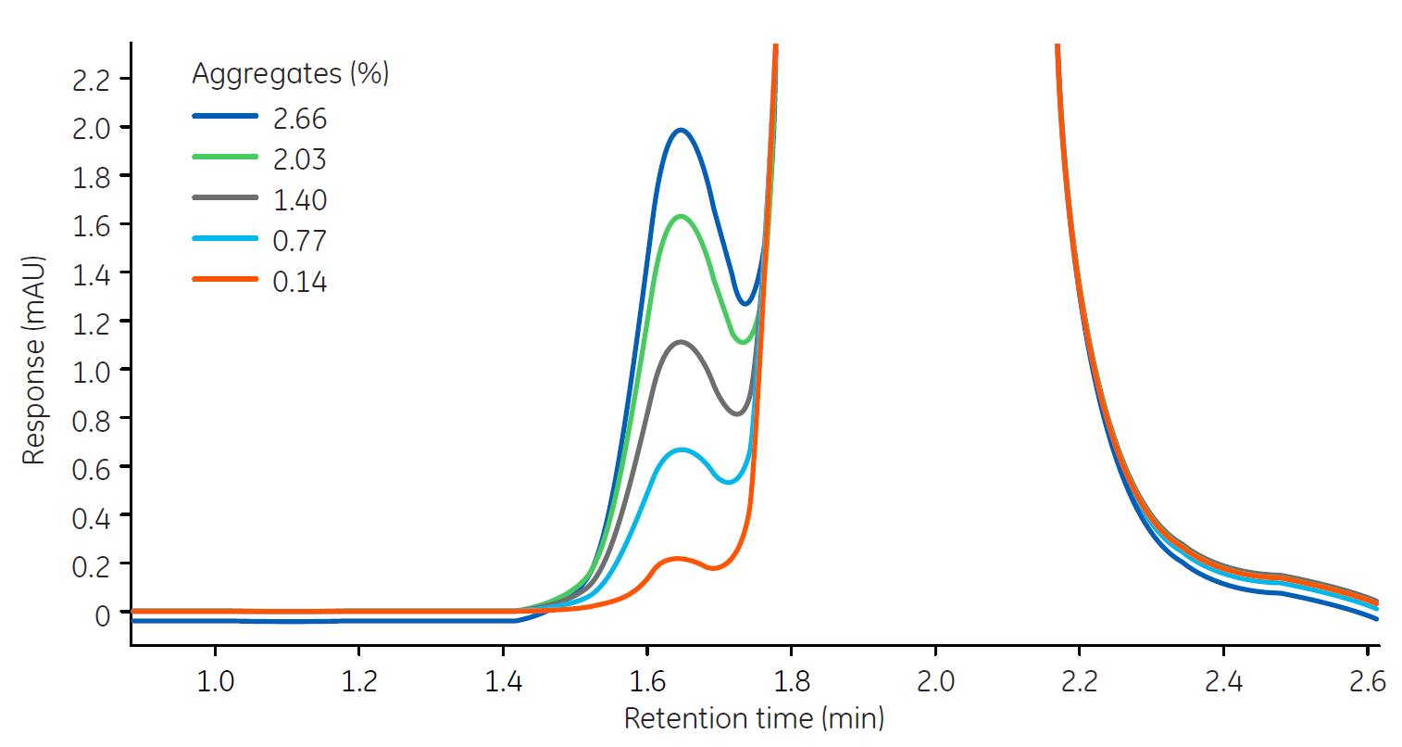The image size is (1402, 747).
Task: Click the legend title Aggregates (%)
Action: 290,73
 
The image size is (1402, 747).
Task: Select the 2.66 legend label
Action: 299,119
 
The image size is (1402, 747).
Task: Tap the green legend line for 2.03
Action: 224,158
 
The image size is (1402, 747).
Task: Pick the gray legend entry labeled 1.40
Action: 299,200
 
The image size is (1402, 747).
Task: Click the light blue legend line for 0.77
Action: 224,239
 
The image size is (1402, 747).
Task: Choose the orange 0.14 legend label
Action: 299,282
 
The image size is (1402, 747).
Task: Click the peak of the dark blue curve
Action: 681,130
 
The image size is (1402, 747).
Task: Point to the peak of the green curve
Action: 682,216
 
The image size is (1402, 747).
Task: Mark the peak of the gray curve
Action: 682,342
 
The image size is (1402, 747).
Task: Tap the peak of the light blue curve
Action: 682,449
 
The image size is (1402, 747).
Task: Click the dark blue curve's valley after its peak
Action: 745,303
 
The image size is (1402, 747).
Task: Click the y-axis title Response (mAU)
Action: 34,361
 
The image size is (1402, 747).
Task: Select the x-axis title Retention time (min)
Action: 754,718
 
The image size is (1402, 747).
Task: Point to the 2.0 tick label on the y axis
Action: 91,128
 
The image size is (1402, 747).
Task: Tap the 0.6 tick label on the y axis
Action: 91,469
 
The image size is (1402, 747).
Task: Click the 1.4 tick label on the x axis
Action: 503,682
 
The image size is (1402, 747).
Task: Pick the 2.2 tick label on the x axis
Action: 1079,682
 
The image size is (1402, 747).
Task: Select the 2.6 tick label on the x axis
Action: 1367,682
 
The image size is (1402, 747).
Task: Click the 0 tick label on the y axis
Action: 102,614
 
